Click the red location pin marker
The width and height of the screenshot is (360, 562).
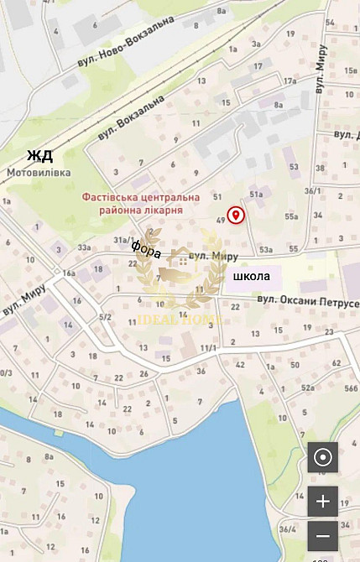(x=237, y=216)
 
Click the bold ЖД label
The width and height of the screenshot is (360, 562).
(x=39, y=155)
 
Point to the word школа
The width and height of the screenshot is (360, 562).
(x=251, y=276)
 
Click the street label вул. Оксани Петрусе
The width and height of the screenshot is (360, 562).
(x=307, y=300)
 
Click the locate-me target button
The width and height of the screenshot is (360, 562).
(x=322, y=458)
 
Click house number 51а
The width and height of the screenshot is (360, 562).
(x=256, y=195)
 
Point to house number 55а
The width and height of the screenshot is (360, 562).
(x=291, y=216)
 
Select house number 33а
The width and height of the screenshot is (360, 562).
(x=84, y=247)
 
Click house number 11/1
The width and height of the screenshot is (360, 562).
(x=209, y=347)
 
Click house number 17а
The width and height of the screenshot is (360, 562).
(x=290, y=81)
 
